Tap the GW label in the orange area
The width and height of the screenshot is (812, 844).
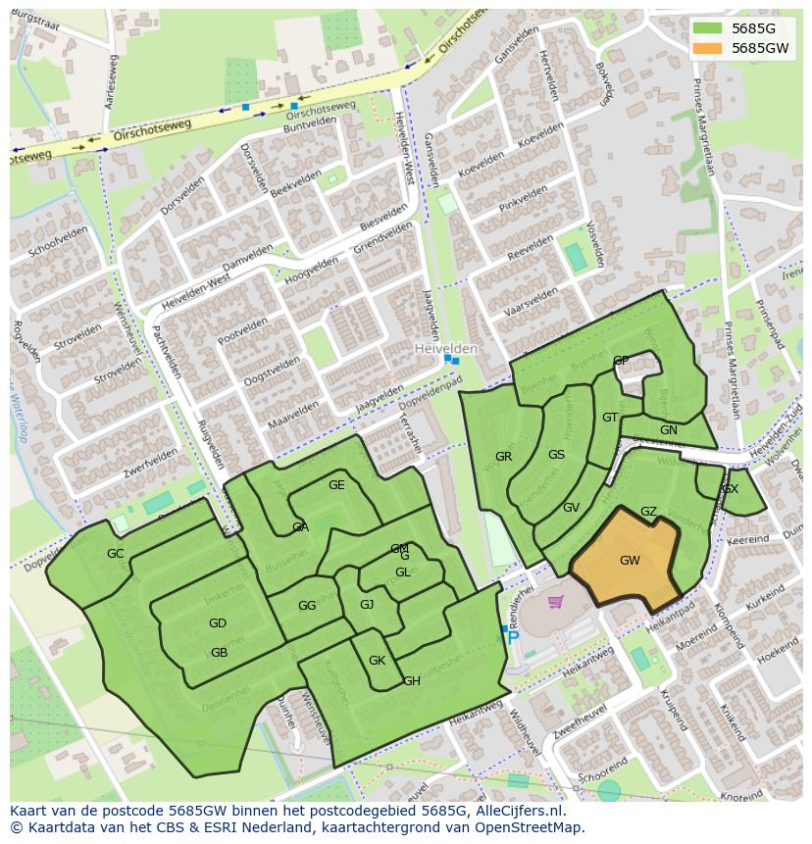click(x=630, y=561)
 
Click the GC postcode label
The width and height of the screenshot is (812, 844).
click(x=116, y=554)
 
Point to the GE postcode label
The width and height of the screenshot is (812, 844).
click(x=336, y=485)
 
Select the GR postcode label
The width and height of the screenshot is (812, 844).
click(x=503, y=457)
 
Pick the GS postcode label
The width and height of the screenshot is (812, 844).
click(x=556, y=455)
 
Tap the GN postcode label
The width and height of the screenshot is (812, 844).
click(x=668, y=430)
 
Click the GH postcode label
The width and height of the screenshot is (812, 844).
click(x=412, y=681)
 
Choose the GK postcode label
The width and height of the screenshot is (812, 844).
click(x=377, y=661)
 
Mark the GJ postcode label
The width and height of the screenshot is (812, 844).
click(x=367, y=605)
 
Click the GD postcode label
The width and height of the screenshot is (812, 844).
click(x=218, y=623)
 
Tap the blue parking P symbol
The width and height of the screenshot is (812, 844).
click(x=513, y=638)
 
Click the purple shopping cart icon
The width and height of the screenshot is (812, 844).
click(x=556, y=602)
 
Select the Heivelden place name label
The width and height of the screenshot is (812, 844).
click(x=446, y=349)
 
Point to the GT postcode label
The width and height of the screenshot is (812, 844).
click(x=610, y=418)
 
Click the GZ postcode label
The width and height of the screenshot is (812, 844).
click(x=648, y=512)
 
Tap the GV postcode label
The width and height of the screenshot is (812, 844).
click(x=571, y=508)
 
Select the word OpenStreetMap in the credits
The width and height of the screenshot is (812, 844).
click(x=530, y=827)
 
